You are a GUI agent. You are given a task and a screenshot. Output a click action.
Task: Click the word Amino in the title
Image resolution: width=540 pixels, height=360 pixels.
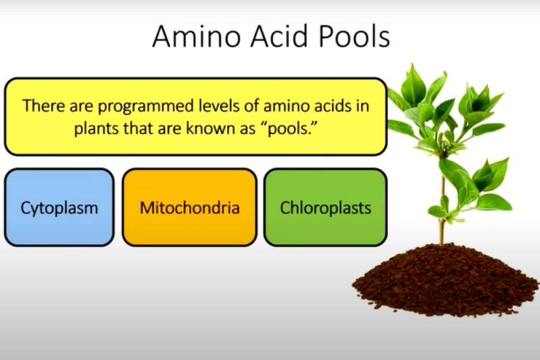196,36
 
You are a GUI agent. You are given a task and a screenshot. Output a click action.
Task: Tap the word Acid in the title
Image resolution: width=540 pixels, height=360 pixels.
279,36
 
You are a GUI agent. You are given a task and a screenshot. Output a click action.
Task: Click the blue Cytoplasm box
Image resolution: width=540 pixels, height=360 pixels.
59,207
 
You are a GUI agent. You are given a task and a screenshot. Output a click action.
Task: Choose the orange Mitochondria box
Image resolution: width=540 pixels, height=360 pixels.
190,207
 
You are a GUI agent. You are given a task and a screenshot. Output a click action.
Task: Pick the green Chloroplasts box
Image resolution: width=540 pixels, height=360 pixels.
325,207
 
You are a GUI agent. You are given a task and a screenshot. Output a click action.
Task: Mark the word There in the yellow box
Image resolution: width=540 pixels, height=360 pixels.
44,105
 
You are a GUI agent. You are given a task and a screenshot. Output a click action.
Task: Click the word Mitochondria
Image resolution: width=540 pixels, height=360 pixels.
190,208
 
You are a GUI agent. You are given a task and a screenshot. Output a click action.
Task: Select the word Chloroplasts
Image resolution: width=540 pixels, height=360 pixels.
325,208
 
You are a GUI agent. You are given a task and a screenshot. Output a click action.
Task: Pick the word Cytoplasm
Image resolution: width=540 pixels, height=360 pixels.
59,209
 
